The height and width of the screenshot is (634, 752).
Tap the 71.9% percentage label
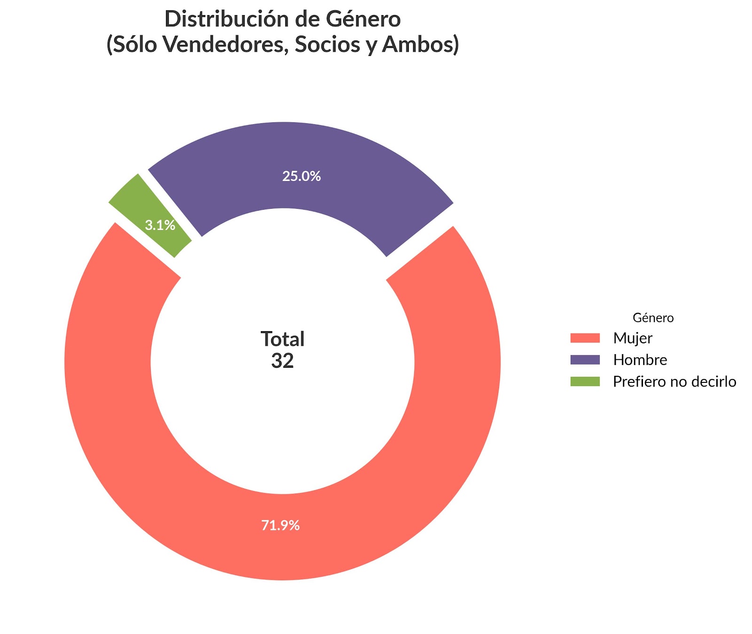point(281,525)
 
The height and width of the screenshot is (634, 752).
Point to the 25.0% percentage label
point(301,176)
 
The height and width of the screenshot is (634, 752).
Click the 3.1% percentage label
point(160,226)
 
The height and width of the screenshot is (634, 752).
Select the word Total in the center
point(282,339)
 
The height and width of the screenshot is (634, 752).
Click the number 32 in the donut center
point(282,361)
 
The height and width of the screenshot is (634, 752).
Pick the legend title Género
point(653,318)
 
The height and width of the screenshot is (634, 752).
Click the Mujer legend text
point(633,338)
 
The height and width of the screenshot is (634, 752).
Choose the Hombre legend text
point(640,360)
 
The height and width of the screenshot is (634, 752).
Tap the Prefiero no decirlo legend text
point(674,381)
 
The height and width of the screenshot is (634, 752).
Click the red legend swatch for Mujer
point(585,338)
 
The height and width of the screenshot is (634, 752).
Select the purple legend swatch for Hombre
point(585,360)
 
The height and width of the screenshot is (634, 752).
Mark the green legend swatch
point(585,381)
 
